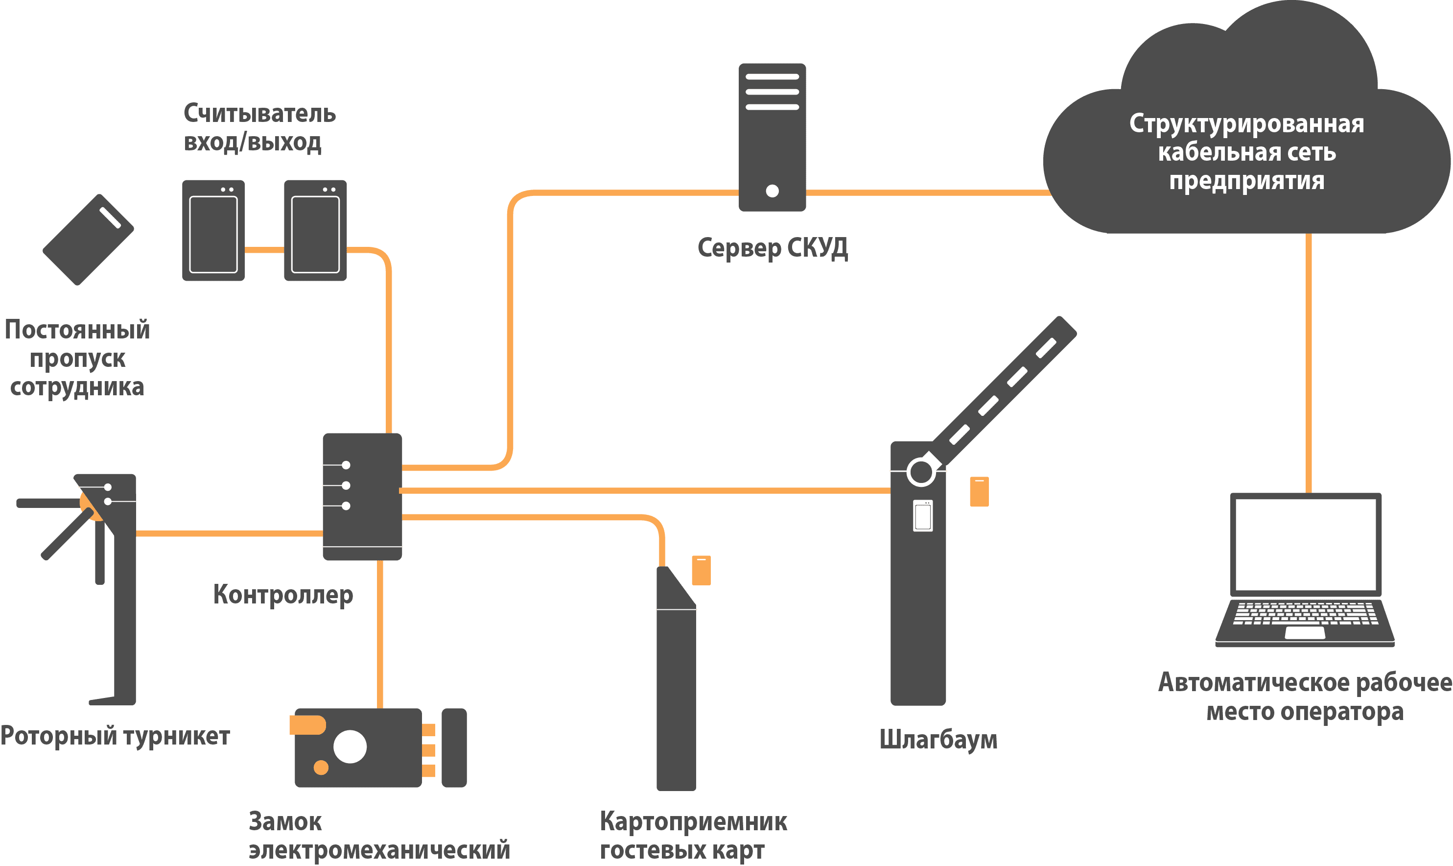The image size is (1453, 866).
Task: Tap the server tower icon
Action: pos(772,137)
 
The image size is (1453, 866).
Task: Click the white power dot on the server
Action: pos(772,191)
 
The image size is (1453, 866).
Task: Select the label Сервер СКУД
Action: pos(772,248)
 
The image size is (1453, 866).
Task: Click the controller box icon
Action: pos(362,497)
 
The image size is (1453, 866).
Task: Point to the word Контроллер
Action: pos(283,595)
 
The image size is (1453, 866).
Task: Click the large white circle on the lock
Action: pos(350,746)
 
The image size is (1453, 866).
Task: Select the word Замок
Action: pos(285,821)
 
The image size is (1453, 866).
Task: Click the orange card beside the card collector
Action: pos(701,570)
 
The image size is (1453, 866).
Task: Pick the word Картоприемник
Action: pos(693,821)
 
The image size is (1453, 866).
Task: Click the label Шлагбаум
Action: pos(938,739)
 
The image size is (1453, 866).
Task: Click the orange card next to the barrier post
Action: pos(979,492)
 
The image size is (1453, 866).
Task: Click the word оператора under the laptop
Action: pos(1347,711)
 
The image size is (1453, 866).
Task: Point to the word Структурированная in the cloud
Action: pos(1246,124)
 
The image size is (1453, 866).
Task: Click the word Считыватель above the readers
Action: pos(259,113)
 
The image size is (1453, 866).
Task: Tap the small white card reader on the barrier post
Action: pos(922,516)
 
